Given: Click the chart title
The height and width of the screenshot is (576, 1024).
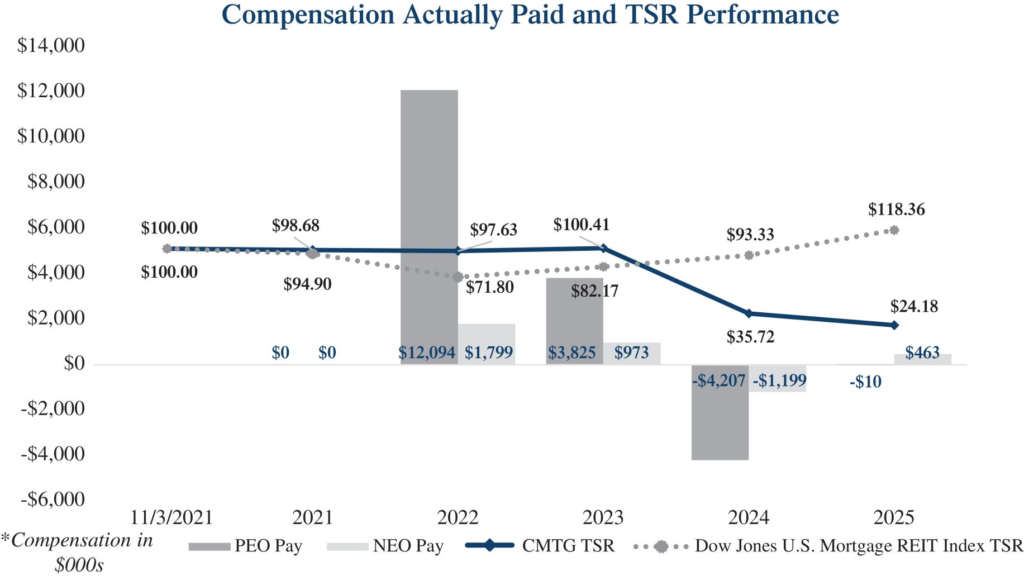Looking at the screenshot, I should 530,15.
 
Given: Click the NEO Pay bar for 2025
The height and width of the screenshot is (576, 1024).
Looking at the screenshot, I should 922,359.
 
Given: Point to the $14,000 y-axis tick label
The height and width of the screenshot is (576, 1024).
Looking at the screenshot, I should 51,45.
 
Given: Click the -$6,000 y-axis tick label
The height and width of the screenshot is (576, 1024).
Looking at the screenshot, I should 53,499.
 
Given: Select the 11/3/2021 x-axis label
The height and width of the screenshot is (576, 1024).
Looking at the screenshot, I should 172,517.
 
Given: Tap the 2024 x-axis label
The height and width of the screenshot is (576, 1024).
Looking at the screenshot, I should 748,517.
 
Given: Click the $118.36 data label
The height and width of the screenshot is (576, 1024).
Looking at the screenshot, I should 896,210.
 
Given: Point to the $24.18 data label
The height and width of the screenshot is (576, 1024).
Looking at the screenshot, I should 914,306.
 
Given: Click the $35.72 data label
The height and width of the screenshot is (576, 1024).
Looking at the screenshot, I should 750,337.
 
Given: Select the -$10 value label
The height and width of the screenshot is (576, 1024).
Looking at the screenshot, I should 865,382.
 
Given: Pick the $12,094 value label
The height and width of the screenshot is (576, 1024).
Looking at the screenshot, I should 427,353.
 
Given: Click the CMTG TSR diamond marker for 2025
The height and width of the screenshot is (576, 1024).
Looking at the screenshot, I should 894,325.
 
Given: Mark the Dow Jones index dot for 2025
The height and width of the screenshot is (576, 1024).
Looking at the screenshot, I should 894,230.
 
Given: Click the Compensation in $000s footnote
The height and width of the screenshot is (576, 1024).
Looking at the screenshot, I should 78,552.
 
